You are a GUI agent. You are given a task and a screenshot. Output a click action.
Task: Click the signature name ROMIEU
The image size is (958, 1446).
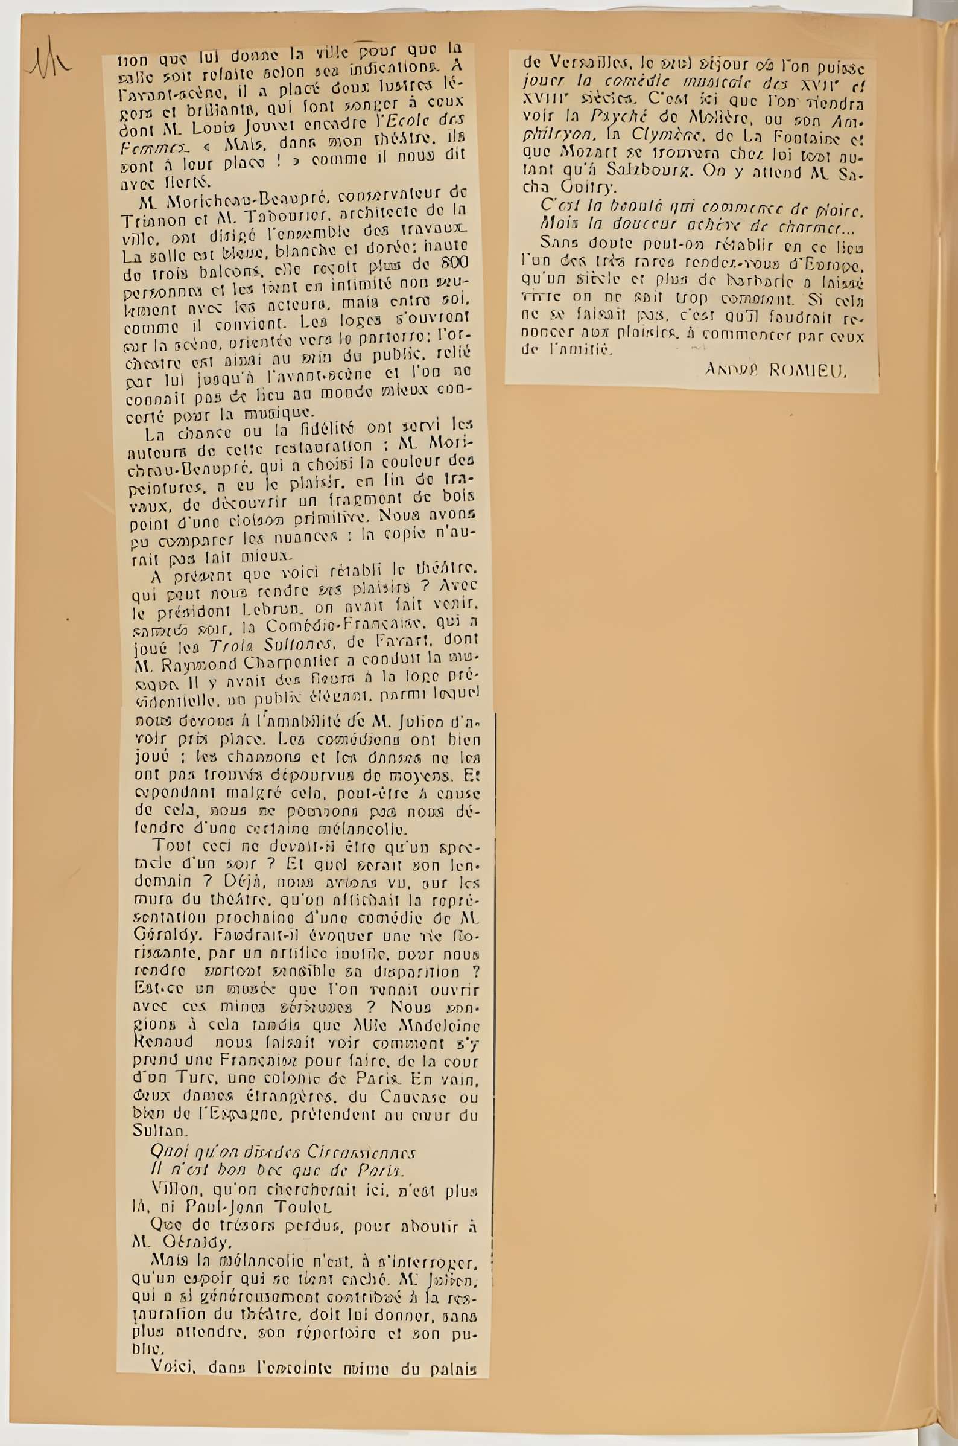tap(809, 370)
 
